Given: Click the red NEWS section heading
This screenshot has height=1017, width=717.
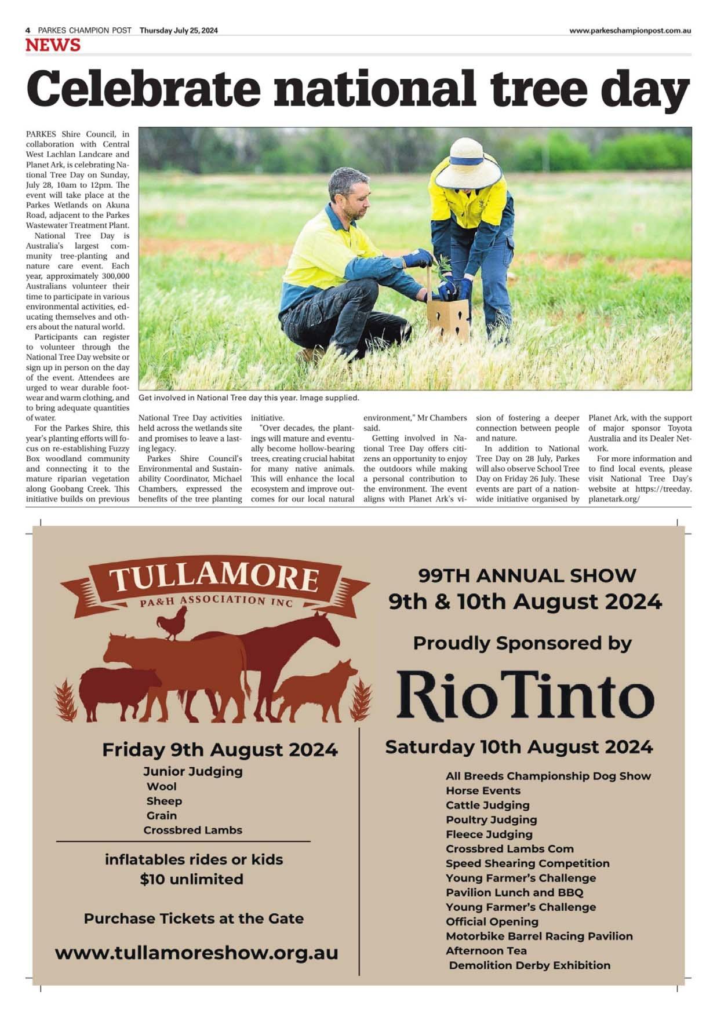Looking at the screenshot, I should pos(53,45).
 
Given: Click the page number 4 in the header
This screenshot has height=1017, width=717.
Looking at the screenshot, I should pos(28,31).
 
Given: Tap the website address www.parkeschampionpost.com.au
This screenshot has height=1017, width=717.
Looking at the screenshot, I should pos(629,31).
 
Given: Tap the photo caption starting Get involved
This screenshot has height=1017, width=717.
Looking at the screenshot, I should pos(249,398).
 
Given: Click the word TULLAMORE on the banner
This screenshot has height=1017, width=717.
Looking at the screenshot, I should pos(214,578).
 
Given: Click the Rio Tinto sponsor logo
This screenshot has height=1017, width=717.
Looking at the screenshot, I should pos(525,695).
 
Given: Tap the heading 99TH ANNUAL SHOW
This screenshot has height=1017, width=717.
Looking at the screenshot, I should pos(527,575).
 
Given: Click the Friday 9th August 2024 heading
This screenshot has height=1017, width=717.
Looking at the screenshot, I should pos(220,749).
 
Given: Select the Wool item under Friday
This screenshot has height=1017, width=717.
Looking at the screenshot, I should pos(162,786).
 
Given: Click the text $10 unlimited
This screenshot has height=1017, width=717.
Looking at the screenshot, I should pos(191,879).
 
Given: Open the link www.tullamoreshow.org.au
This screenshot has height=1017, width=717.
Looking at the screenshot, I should pos(196,953).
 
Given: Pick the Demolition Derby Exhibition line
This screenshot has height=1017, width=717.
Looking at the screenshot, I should pos(529,965).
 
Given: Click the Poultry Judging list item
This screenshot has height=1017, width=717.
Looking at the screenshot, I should pos(491,819).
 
